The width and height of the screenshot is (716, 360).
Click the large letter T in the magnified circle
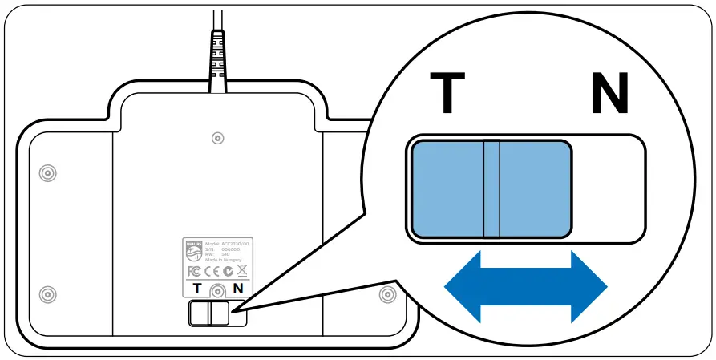point(447,93)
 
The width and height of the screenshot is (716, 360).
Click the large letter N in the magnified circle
point(609,93)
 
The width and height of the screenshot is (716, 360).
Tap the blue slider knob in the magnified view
point(491,189)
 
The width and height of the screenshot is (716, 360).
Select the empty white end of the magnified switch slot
point(608,189)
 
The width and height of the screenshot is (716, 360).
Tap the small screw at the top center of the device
point(217,139)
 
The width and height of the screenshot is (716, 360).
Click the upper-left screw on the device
point(47,172)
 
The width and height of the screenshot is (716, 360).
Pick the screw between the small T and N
point(217,290)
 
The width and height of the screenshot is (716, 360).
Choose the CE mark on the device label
point(210,271)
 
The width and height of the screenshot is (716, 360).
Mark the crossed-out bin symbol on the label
point(242,271)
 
